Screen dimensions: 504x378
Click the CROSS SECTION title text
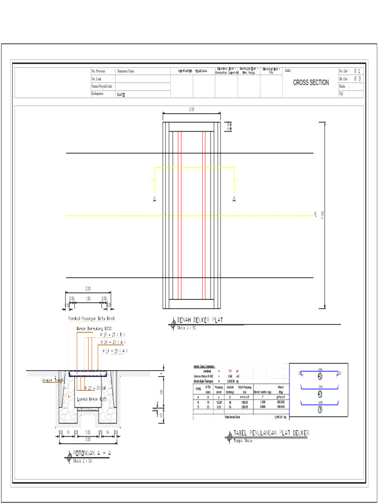(311, 83)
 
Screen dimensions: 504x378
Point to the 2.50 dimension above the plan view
(191, 110)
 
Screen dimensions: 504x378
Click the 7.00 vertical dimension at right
(323, 216)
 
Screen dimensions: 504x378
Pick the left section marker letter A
(155, 199)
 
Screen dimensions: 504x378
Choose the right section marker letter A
(234, 199)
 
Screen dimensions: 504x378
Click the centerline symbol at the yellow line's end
(315, 215)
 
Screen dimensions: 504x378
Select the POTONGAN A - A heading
(92, 453)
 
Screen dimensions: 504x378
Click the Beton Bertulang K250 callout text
(94, 327)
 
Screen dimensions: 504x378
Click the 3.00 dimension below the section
(88, 439)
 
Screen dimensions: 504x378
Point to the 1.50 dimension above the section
(88, 298)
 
